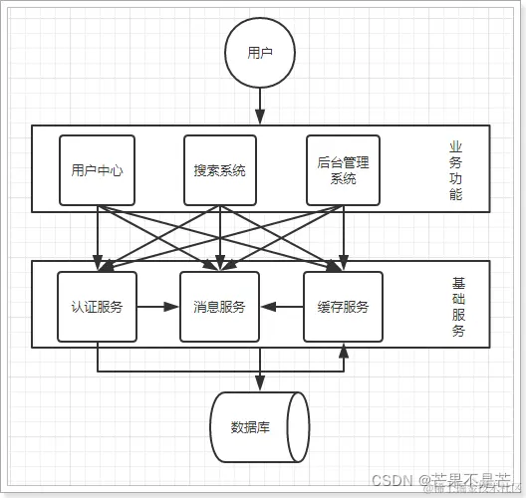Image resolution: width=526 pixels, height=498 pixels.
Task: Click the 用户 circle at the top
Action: (260, 52)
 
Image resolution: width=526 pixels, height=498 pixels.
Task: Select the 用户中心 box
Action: (97, 170)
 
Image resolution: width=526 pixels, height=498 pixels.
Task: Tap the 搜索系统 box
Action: (219, 170)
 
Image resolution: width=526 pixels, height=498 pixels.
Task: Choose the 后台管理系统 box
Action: (343, 170)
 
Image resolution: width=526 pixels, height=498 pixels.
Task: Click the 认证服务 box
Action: (97, 307)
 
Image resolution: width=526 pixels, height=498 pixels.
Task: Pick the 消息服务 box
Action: (219, 307)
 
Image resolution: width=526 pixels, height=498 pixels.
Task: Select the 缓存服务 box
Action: (343, 307)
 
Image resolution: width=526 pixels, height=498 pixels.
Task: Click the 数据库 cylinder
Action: (257, 427)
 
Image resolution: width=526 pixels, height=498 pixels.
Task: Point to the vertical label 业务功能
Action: (455, 170)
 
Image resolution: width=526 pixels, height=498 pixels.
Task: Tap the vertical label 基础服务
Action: (458, 307)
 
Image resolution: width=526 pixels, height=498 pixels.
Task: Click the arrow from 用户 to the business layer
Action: (260, 104)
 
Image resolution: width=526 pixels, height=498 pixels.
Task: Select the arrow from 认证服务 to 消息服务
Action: (156, 307)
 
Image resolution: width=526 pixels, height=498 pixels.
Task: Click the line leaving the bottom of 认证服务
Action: (97, 357)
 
